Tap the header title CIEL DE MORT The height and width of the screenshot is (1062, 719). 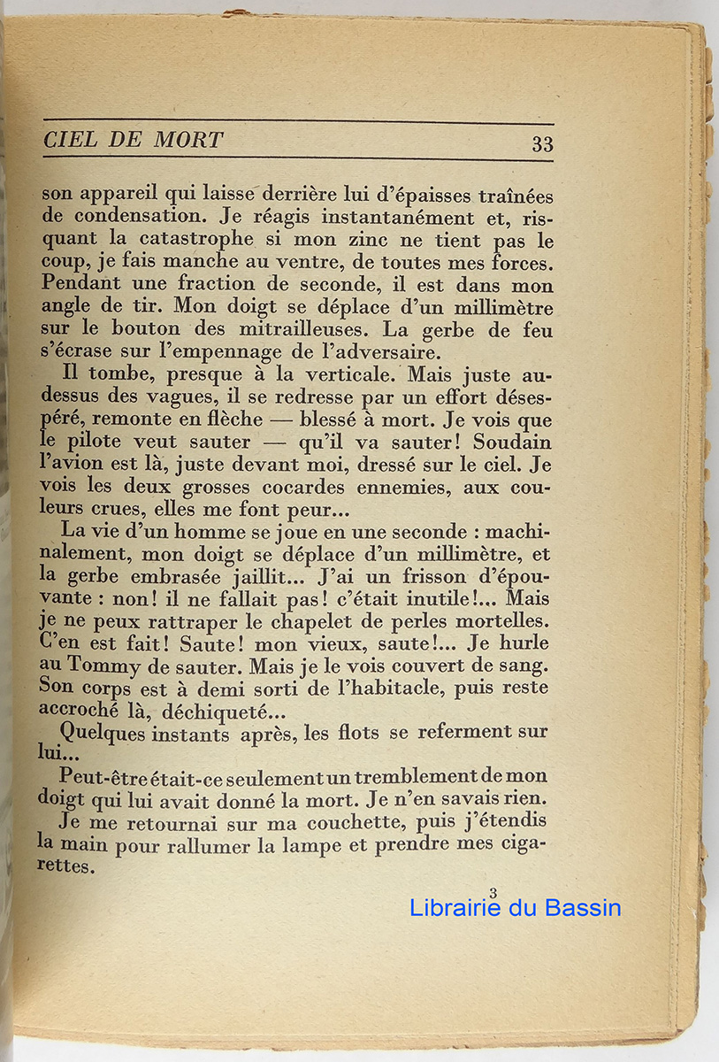pyautogui.click(x=133, y=140)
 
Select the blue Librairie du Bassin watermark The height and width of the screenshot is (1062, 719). pyautogui.click(x=516, y=908)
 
